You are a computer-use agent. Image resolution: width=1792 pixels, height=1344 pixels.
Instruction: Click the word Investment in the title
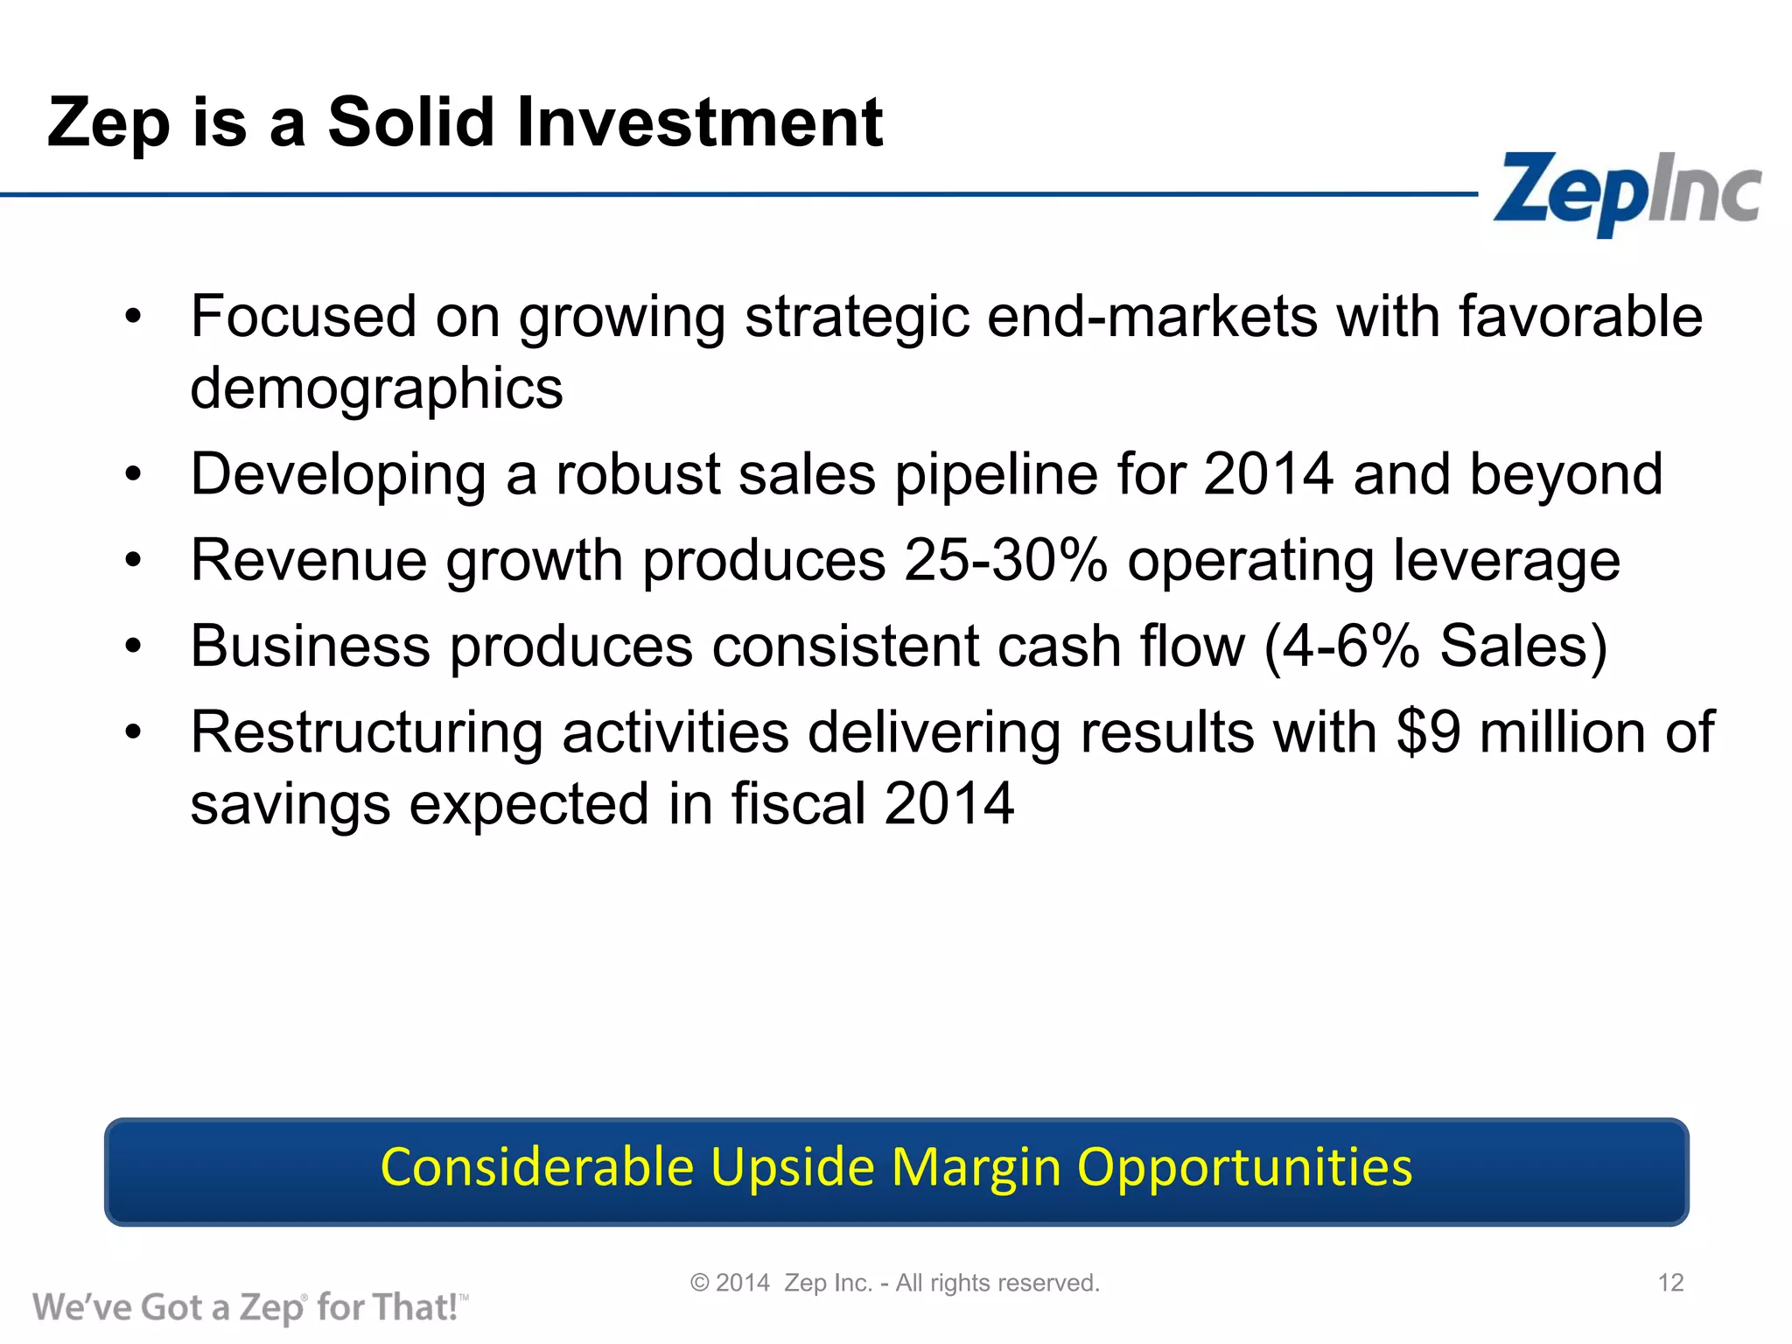point(699,122)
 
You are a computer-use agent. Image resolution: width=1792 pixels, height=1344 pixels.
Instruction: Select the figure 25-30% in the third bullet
point(1006,560)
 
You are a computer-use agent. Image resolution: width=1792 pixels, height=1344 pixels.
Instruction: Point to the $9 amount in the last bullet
point(1428,731)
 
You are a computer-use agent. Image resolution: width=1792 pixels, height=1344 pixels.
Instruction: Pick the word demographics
point(376,388)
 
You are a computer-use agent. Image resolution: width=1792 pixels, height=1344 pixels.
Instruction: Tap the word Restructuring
point(367,733)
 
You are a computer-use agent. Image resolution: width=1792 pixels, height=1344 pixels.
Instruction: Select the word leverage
point(1505,562)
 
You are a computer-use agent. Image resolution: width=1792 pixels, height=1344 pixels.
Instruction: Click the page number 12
point(1670,1283)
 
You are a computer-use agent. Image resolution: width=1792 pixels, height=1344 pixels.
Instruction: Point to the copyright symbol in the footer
point(699,1283)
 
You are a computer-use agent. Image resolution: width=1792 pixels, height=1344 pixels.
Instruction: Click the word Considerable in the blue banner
point(537,1167)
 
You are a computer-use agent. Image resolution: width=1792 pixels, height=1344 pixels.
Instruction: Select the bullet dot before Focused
point(132,317)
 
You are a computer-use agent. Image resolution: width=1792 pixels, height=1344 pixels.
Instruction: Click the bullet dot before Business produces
point(132,647)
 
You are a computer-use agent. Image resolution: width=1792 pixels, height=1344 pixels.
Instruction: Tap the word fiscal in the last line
point(798,803)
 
